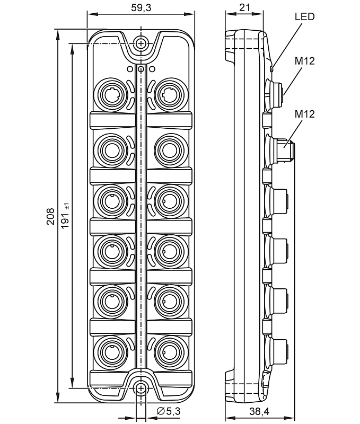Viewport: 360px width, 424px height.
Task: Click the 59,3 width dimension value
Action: [x=141, y=7]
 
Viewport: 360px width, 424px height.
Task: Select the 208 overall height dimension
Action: [x=50, y=216]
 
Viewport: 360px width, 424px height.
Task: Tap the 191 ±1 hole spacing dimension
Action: [x=65, y=216]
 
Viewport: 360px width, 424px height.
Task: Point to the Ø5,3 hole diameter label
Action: [x=169, y=411]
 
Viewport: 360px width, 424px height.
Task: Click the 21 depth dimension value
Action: [x=244, y=7]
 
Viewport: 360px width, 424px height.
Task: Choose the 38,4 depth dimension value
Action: [x=259, y=411]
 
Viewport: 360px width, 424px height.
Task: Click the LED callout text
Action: [x=304, y=17]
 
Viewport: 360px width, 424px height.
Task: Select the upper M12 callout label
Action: [x=304, y=61]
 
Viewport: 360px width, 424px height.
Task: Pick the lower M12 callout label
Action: [x=304, y=114]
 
